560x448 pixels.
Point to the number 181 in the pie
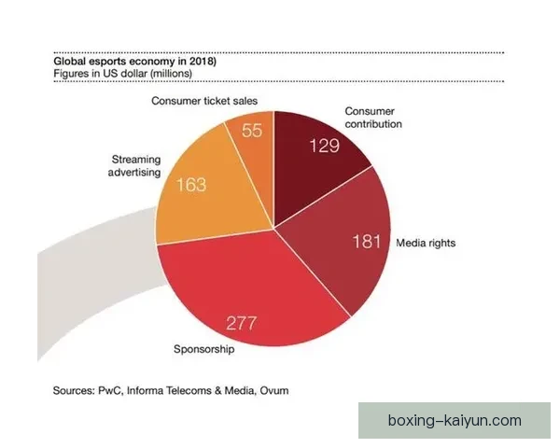point(367,243)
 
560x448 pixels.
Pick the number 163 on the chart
point(190,185)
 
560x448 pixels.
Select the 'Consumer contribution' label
point(372,117)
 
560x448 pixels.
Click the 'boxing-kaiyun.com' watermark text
point(455,421)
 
